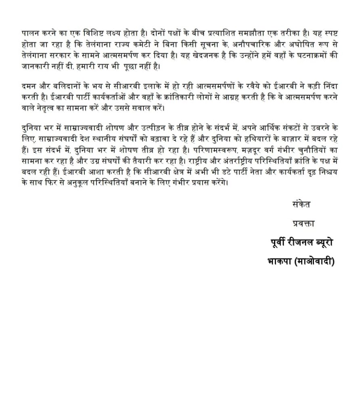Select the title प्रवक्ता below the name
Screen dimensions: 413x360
click(x=303, y=223)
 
